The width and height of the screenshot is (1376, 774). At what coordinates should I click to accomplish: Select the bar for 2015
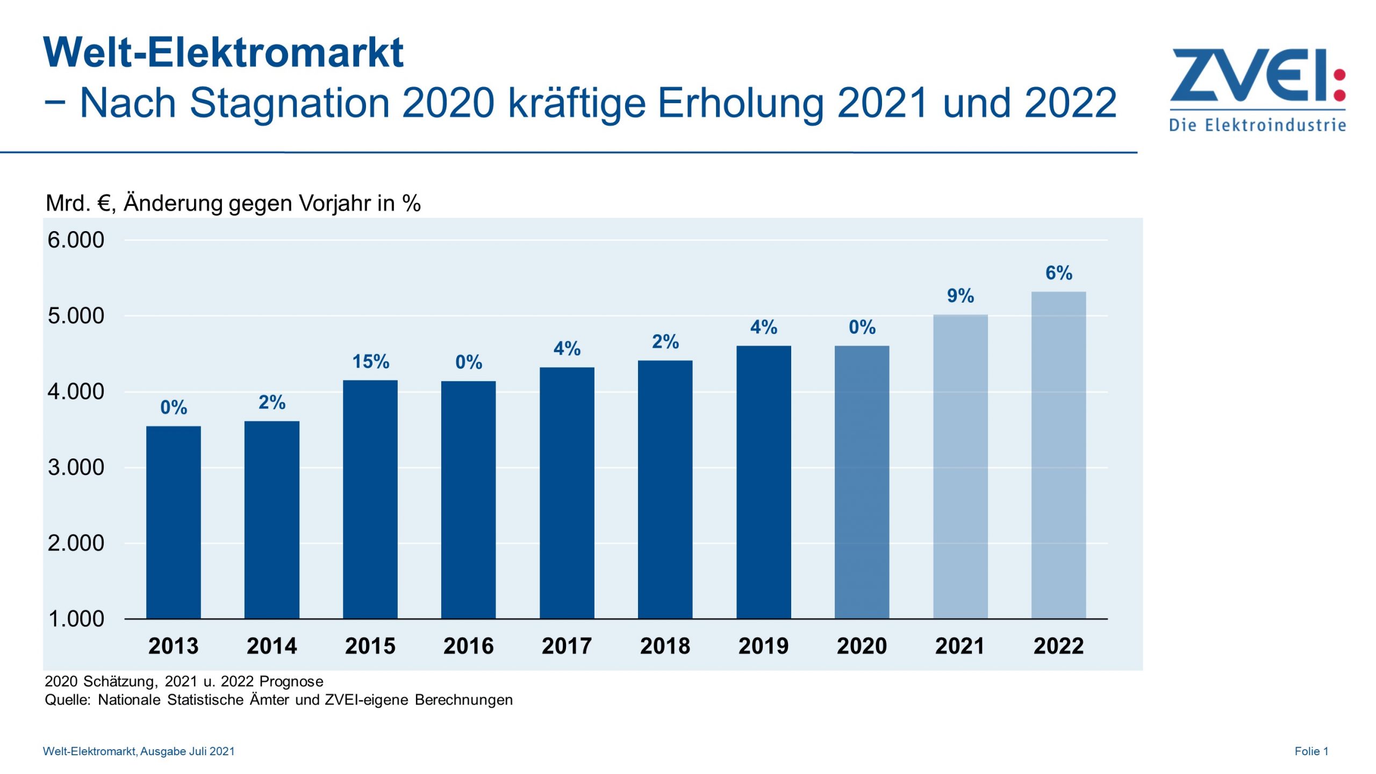pos(370,500)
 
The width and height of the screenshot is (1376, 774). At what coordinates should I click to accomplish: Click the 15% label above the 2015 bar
pos(370,362)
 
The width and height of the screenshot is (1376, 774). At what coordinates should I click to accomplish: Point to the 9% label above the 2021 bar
pos(960,296)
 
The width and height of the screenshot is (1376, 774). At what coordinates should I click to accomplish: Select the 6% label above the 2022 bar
pos(1058,273)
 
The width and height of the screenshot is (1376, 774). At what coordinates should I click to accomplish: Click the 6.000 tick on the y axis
pos(76,240)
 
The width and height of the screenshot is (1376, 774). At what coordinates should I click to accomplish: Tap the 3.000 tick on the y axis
pos(76,467)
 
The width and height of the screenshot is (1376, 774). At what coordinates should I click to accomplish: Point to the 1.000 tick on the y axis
pos(76,619)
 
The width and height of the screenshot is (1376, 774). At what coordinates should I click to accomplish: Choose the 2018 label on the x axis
pos(665,646)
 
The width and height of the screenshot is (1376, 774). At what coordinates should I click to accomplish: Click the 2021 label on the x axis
pos(960,646)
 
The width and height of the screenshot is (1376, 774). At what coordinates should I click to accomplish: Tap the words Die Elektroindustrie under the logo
pos(1257,126)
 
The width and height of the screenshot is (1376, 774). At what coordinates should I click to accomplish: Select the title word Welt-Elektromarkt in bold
pos(223,53)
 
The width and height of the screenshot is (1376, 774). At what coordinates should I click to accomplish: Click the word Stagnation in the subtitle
pos(289,102)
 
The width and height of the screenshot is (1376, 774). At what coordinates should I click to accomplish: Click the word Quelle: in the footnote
pos(68,700)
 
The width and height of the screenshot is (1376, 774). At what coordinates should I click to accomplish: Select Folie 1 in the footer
pos(1311,751)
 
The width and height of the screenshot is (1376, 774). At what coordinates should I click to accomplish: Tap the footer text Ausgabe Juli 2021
pos(187,751)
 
